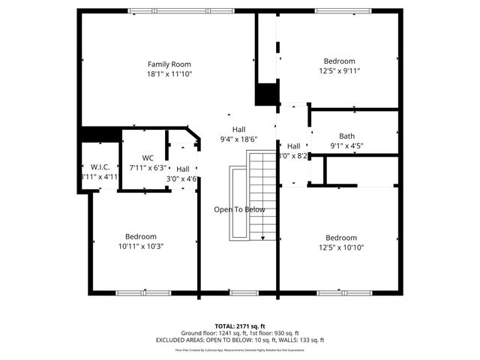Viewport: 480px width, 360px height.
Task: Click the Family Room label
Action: (169, 64)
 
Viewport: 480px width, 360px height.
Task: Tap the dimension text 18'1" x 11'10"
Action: (169, 74)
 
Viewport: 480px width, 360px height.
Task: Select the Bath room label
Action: (346, 136)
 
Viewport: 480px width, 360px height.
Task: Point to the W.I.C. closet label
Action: (100, 166)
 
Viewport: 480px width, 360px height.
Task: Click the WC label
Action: (147, 157)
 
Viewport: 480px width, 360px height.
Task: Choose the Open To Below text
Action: (239, 209)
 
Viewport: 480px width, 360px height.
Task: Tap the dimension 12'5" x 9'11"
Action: (339, 71)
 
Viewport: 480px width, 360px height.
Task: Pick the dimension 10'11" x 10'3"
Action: (141, 246)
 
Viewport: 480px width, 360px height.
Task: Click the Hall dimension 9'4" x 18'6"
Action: (238, 139)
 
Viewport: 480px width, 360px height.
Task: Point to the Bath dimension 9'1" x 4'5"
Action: (346, 146)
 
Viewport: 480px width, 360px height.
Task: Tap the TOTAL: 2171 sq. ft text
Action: (240, 326)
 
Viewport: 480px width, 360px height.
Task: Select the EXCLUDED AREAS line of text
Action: (240, 340)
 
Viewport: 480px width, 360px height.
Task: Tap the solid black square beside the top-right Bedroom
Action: (266, 94)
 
